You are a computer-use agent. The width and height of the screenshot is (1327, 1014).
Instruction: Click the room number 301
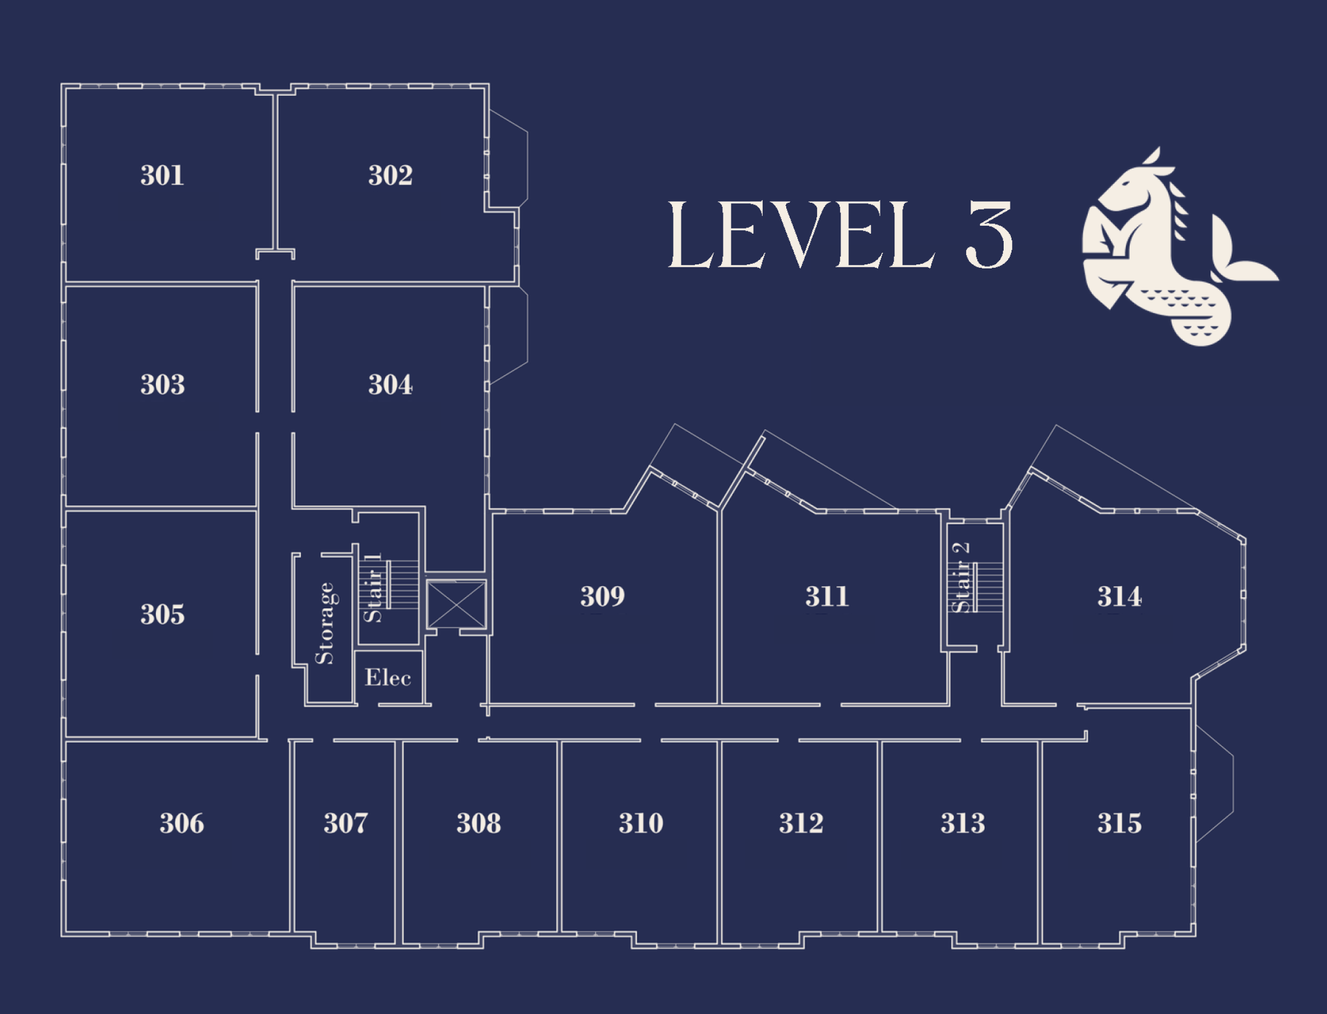[x=162, y=176]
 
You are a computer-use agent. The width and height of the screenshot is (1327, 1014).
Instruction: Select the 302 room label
[x=390, y=176]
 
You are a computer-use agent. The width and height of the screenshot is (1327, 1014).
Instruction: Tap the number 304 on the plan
[x=390, y=385]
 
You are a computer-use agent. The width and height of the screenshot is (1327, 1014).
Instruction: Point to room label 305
[x=162, y=615]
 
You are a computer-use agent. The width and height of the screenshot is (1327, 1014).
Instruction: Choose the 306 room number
[x=181, y=824]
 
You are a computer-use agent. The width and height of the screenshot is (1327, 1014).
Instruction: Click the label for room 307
[x=345, y=824]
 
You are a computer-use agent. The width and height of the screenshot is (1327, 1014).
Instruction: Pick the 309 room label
[x=602, y=596]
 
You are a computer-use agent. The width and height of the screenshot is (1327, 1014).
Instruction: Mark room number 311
[x=827, y=596]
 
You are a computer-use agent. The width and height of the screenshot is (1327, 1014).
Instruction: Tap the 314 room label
[x=1119, y=596]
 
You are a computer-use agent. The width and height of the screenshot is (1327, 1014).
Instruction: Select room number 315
[x=1119, y=824]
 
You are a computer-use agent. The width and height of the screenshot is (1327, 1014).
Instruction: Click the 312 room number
[x=801, y=824]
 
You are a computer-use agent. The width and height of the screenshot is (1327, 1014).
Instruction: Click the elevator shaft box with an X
[x=456, y=604]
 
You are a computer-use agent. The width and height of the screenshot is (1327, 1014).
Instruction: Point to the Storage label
[x=325, y=624]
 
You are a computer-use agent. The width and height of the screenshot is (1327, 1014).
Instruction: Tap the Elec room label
[x=388, y=678]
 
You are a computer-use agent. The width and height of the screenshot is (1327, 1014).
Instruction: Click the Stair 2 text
[x=961, y=577]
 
